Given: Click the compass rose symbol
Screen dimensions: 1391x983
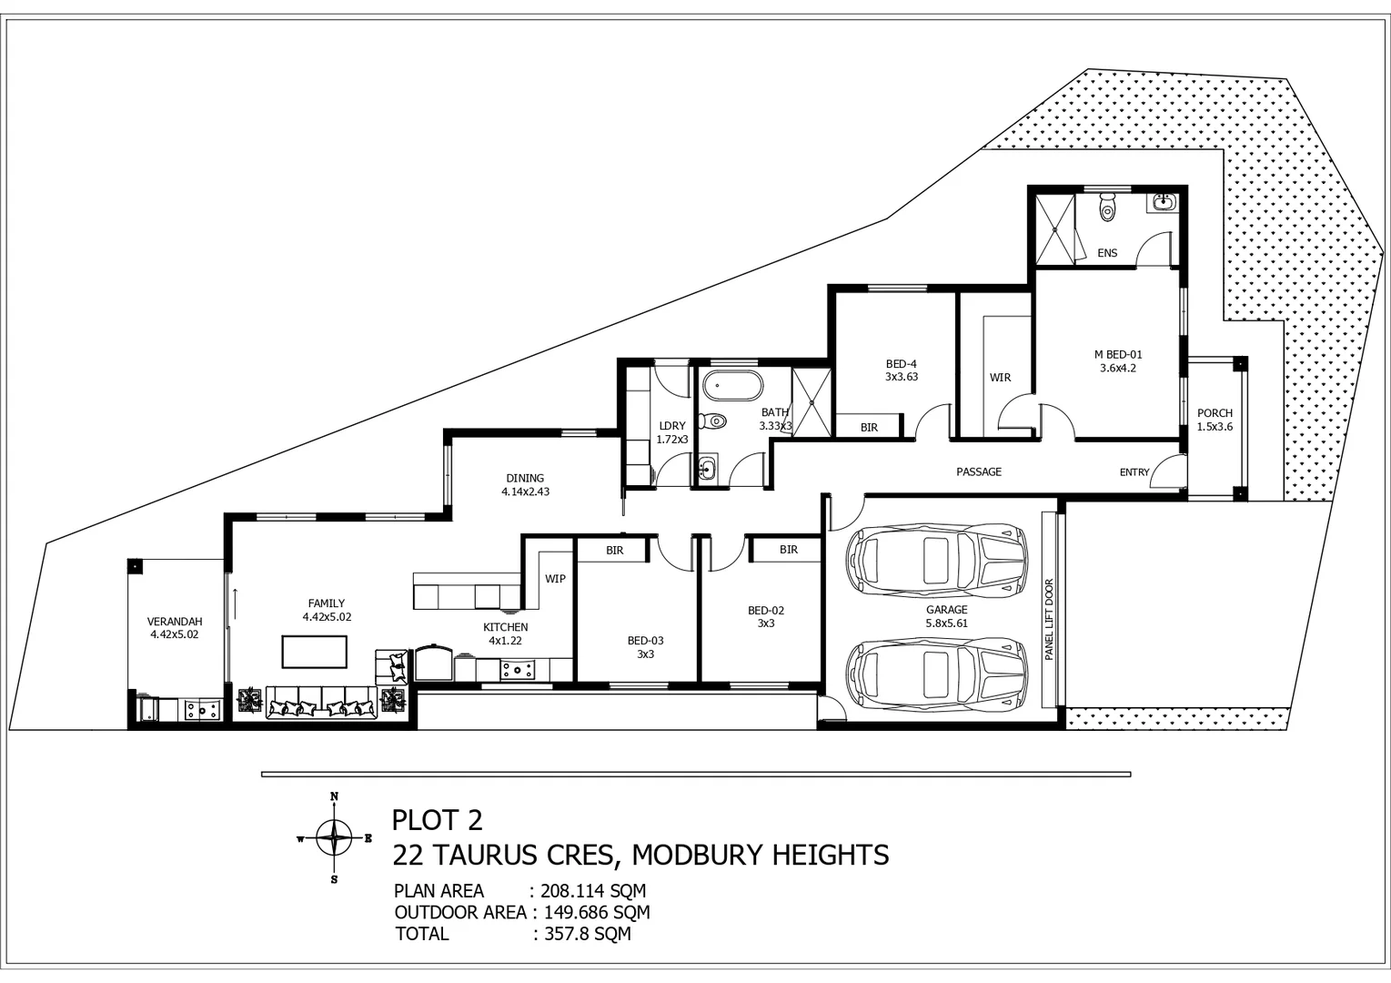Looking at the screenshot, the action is pyautogui.click(x=334, y=838).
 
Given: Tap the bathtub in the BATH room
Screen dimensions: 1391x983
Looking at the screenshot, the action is pyautogui.click(x=732, y=387).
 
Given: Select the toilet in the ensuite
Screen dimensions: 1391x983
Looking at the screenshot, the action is pyautogui.click(x=1107, y=207).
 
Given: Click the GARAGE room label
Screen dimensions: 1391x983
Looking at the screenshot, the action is pyautogui.click(x=946, y=610).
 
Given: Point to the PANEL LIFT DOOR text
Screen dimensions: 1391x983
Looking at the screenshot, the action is pyautogui.click(x=1050, y=620).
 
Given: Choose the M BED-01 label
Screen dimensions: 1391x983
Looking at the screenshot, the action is pyautogui.click(x=1118, y=355).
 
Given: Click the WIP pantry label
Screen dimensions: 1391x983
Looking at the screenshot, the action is pyautogui.click(x=555, y=579).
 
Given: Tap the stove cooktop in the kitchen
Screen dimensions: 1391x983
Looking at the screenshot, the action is pyautogui.click(x=518, y=670).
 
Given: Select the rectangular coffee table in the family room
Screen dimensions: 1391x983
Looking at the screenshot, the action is pyautogui.click(x=314, y=651).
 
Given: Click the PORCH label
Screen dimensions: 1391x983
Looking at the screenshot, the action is pyautogui.click(x=1215, y=413).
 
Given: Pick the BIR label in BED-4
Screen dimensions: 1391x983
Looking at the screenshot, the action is pyautogui.click(x=869, y=428).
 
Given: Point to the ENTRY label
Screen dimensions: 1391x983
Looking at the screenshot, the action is pyautogui.click(x=1134, y=472).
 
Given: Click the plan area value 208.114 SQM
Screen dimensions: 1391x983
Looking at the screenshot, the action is pyautogui.click(x=593, y=891).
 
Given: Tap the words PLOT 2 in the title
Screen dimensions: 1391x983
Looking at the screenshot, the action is pyautogui.click(x=438, y=820).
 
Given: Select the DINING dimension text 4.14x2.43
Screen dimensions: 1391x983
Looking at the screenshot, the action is pyautogui.click(x=525, y=491).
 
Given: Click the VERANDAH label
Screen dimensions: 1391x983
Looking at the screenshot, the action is pyautogui.click(x=175, y=622).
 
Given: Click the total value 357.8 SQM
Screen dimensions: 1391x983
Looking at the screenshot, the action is pyautogui.click(x=588, y=933).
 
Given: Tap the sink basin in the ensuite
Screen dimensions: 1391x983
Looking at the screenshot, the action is pyautogui.click(x=1163, y=201).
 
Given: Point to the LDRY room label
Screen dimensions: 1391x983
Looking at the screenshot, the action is pyautogui.click(x=672, y=426).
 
